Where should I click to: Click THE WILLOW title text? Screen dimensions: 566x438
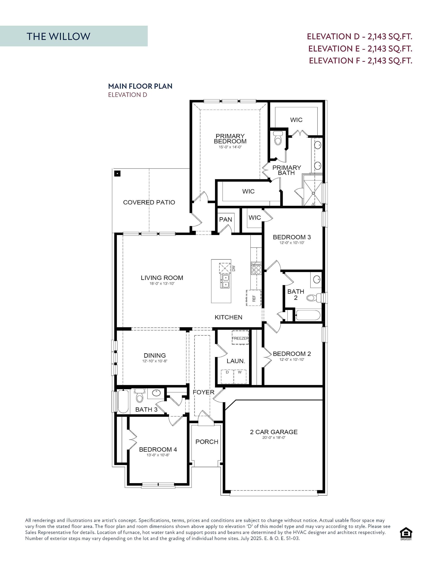click(58, 36)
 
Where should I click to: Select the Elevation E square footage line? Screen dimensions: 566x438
click(360, 48)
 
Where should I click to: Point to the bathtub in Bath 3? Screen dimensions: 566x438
click(123, 402)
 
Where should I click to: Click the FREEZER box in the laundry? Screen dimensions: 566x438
click(240, 338)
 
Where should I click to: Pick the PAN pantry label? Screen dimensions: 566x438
click(225, 220)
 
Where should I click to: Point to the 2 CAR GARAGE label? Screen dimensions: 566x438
click(274, 432)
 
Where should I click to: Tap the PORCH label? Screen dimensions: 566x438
click(207, 442)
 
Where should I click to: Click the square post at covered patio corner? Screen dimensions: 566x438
click(118, 173)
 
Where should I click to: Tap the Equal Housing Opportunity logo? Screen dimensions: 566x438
click(406, 534)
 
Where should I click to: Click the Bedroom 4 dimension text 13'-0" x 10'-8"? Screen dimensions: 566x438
click(158, 455)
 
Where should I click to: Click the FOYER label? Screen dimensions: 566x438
click(203, 392)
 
